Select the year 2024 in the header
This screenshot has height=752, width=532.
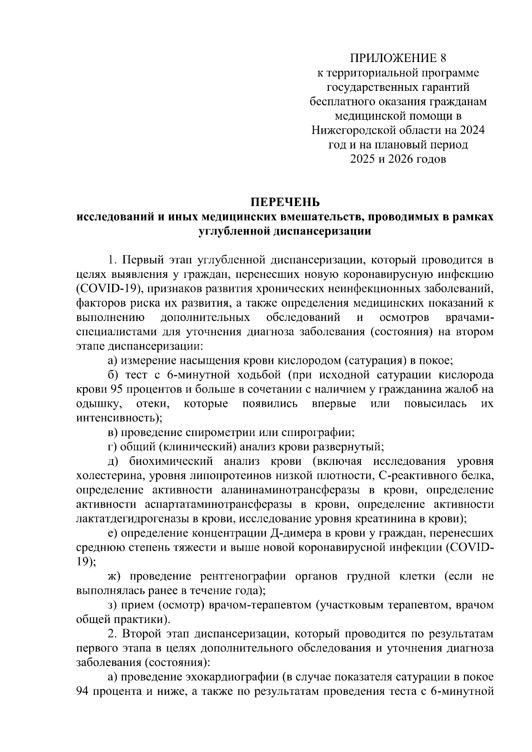pyautogui.click(x=472, y=130)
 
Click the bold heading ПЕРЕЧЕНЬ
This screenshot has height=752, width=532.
pyautogui.click(x=285, y=202)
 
